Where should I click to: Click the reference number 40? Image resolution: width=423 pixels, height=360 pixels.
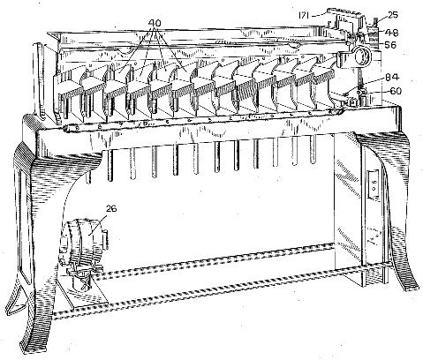click(x=155, y=23)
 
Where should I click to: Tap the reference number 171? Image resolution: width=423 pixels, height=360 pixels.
click(x=304, y=15)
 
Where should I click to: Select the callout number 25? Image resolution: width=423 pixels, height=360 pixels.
click(x=393, y=15)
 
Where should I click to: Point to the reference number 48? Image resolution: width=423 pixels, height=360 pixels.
click(x=392, y=33)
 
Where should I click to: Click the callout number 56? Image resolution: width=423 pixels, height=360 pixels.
click(x=390, y=45)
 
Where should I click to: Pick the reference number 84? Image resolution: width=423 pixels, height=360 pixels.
click(x=393, y=78)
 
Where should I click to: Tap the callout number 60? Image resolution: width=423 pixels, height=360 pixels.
click(x=396, y=91)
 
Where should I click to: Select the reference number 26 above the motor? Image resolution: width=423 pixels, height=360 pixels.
click(x=111, y=208)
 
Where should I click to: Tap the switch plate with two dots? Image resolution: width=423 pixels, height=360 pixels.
click(x=373, y=184)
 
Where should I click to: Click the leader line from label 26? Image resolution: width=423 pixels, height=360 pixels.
click(x=98, y=223)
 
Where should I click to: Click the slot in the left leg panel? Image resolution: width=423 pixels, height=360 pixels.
click(x=24, y=228)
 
